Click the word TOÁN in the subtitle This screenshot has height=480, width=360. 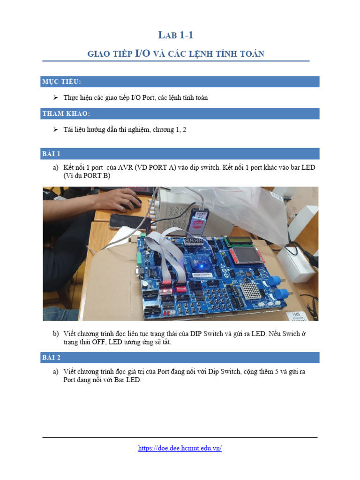coord(253,54)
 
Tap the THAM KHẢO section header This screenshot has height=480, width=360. coord(66,114)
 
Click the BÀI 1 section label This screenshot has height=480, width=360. coord(52,154)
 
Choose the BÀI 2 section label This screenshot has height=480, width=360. coord(52,358)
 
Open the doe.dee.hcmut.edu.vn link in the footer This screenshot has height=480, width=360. coord(180,448)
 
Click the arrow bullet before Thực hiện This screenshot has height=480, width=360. coord(55,97)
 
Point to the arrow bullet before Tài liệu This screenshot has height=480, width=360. coord(55,129)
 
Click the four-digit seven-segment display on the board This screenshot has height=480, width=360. coord(193,242)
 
